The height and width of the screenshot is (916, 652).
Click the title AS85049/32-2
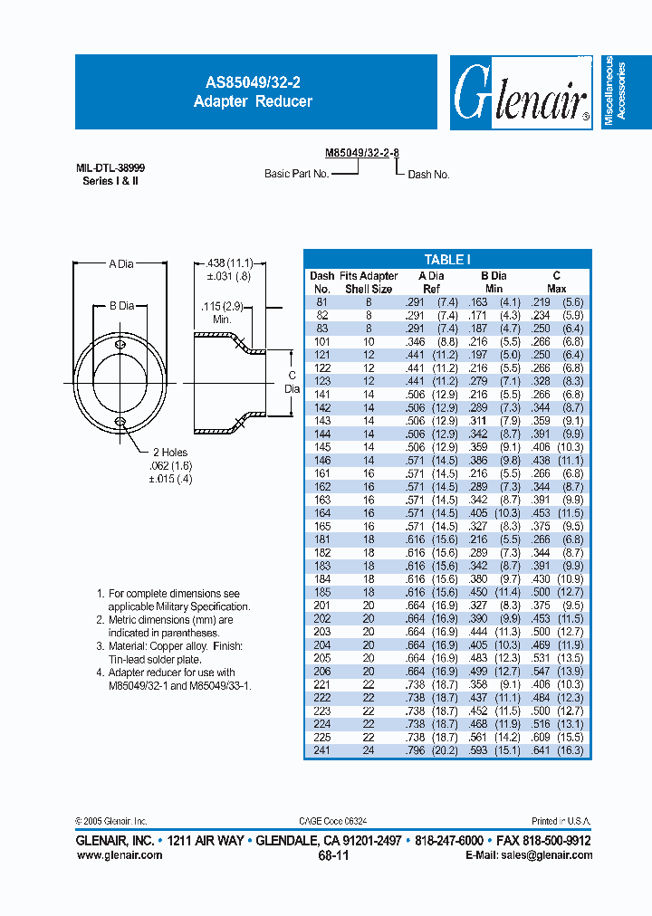point(253,81)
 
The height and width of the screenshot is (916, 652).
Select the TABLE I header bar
point(447,259)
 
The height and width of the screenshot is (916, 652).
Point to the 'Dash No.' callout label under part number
point(428,174)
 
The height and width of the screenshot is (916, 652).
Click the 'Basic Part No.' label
point(296,173)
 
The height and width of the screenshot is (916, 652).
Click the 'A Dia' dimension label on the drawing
point(120,263)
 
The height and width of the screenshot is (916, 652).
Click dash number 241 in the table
point(321,750)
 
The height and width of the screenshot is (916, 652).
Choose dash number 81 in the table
point(321,301)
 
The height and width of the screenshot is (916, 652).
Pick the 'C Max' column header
point(556,281)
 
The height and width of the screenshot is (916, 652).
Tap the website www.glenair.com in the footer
point(119,854)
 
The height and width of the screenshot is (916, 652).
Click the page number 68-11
point(332,854)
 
